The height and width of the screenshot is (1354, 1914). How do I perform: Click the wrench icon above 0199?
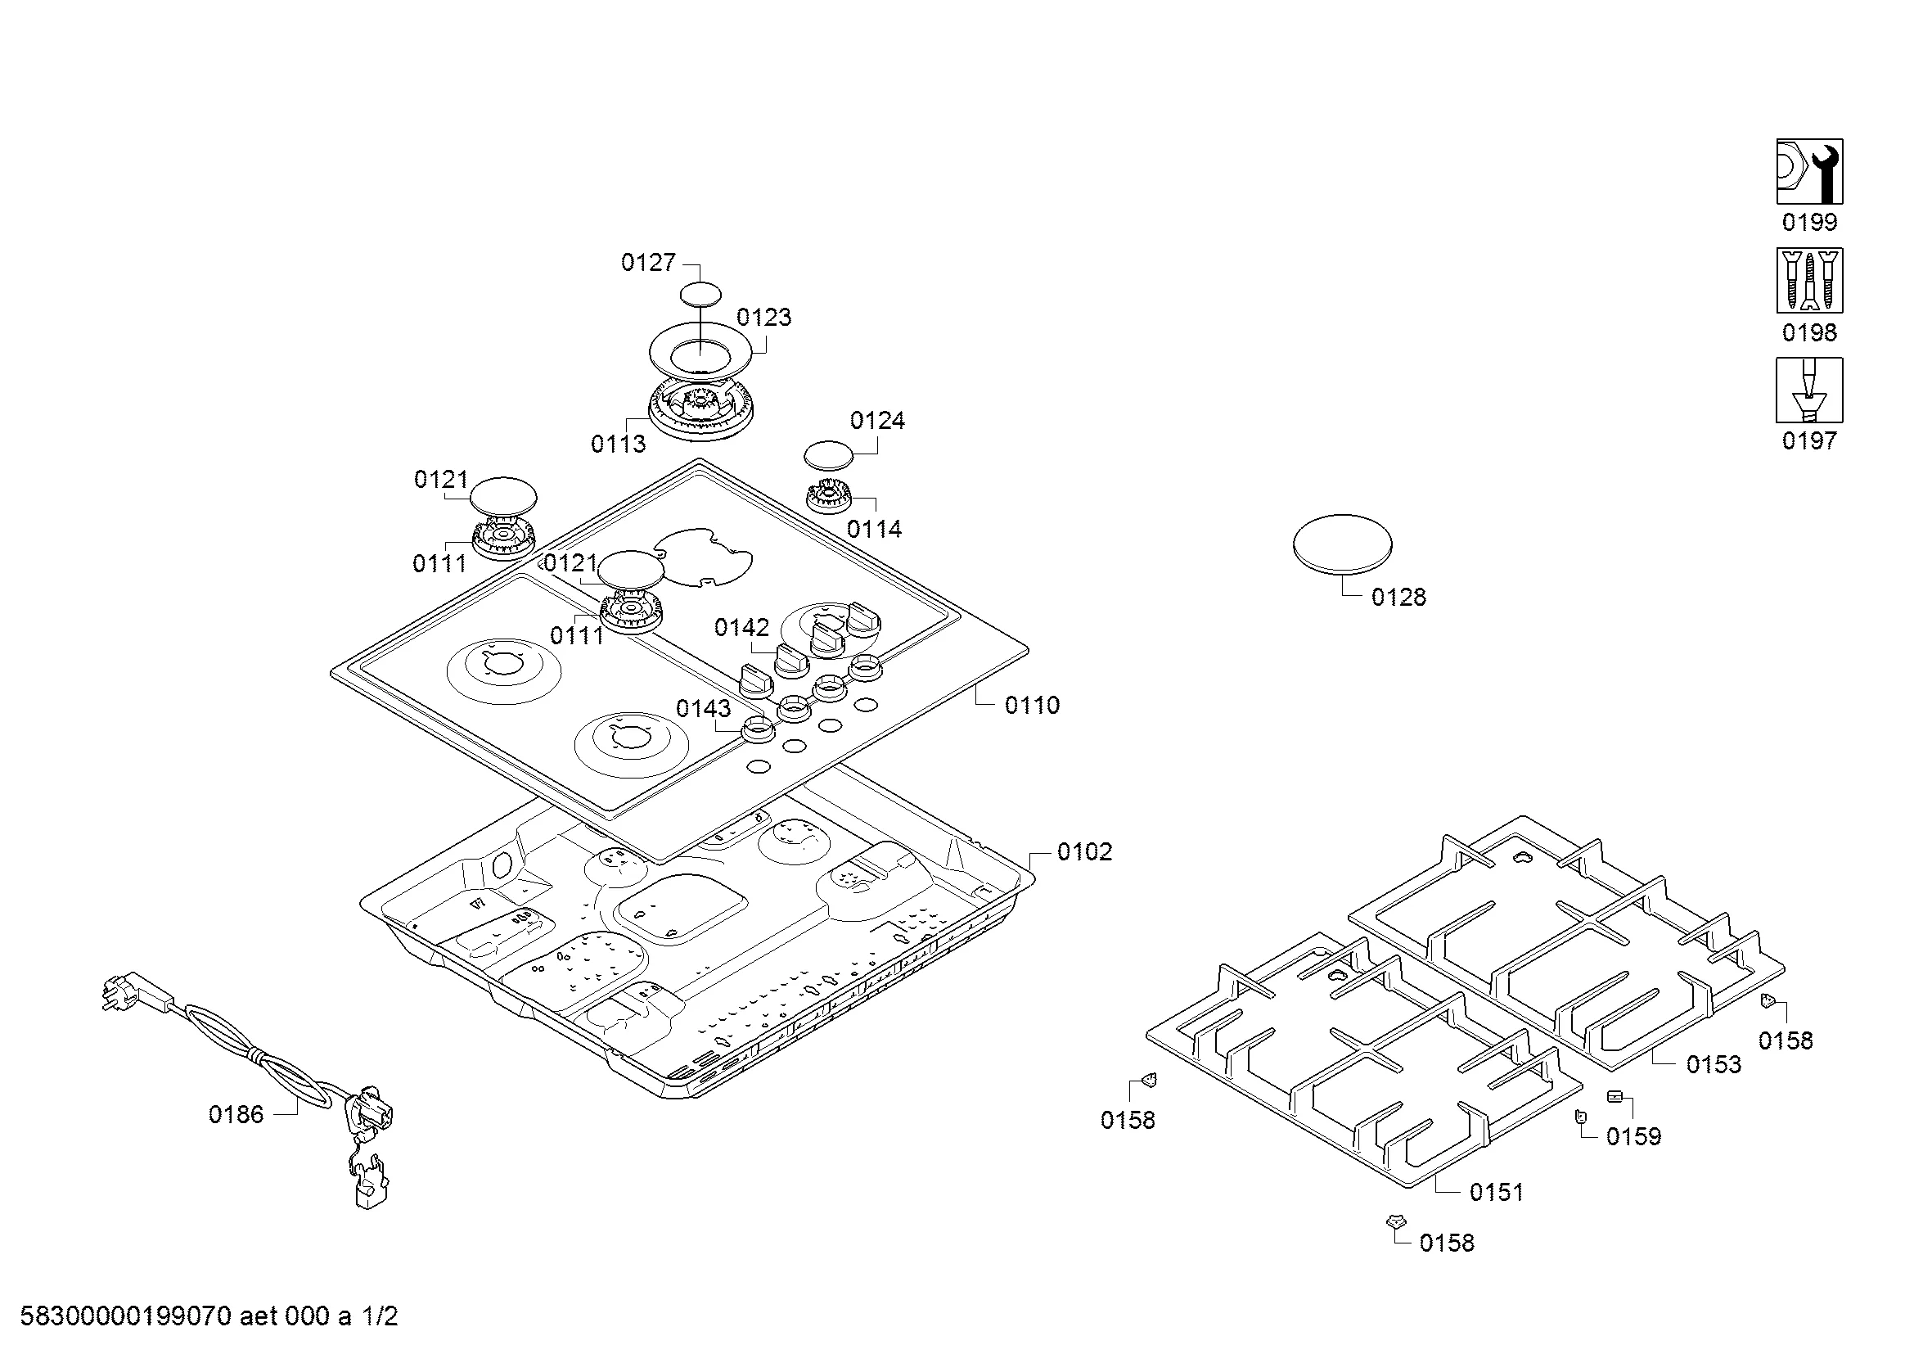[1809, 171]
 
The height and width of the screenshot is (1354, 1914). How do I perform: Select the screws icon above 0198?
[1809, 280]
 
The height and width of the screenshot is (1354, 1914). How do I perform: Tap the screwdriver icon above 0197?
[1809, 390]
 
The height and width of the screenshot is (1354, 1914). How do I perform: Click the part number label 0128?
[1398, 597]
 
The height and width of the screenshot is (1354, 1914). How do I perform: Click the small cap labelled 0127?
[700, 294]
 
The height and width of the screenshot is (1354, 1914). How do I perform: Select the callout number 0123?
[763, 318]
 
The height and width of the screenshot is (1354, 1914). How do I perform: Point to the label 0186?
[236, 1115]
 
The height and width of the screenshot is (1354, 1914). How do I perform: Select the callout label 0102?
[1084, 851]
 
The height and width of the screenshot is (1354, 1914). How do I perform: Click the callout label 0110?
[1032, 706]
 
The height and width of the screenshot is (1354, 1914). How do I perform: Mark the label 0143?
[703, 709]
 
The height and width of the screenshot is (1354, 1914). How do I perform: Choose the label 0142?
[742, 627]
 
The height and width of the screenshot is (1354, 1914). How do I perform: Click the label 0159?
[1634, 1136]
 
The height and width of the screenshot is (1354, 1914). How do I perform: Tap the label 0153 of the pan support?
[1714, 1064]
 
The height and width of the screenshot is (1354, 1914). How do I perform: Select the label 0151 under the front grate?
[1497, 1192]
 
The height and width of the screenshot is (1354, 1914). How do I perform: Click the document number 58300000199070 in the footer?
[125, 1316]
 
